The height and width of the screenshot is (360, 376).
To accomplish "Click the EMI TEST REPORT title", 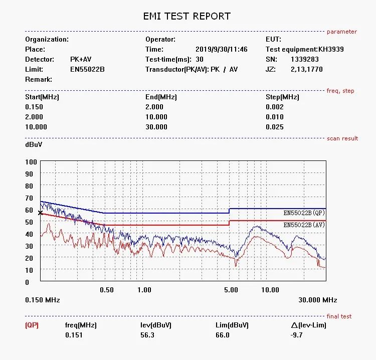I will tap(187, 16).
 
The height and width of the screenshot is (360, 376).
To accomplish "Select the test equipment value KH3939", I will tap(331, 49).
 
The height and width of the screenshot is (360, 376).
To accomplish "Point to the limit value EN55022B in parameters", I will tap(87, 69).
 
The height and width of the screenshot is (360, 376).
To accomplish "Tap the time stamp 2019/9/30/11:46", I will tap(221, 49).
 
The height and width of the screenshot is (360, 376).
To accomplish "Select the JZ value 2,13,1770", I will tap(307, 69).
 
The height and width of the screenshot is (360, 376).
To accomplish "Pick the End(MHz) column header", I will tap(161, 97).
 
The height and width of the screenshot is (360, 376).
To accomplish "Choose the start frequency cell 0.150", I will tap(34, 107).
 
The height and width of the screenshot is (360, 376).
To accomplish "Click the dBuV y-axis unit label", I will tap(34, 144).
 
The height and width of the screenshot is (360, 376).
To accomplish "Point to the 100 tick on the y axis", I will tap(31, 162).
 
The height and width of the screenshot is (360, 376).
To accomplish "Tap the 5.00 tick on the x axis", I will tap(231, 290).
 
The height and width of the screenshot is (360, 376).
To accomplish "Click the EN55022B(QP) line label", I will tap(303, 213).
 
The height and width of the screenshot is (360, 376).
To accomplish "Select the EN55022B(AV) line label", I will tap(303, 225).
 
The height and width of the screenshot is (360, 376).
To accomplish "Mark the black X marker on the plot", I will tap(41, 213).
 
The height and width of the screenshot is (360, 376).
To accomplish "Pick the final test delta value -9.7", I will tap(297, 335).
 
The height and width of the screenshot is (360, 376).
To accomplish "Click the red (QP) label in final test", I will tap(32, 325).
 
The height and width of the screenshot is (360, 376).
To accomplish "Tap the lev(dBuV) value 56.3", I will tap(147, 335).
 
